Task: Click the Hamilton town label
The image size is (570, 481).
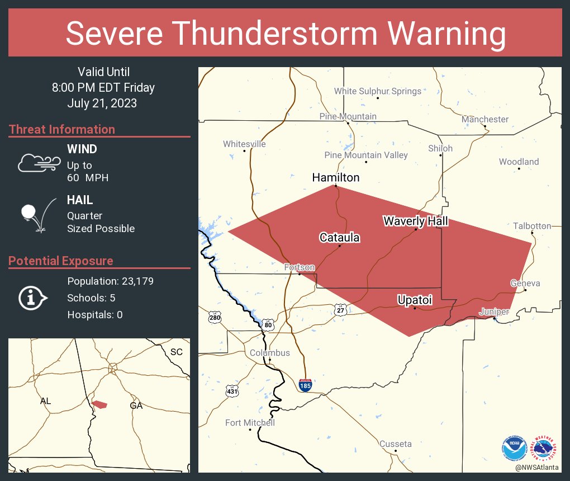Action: pos(335,177)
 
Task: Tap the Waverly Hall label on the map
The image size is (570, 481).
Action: pos(415,221)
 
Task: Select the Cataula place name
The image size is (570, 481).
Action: pos(339,238)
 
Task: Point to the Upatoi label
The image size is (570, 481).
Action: pos(415,300)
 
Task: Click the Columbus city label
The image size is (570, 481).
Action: pos(269,353)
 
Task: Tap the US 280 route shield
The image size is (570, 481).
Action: pos(215,318)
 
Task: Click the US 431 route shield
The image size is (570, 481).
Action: pos(231,391)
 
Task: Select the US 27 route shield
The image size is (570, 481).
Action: pos(340,309)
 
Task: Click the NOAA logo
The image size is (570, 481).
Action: pos(514,447)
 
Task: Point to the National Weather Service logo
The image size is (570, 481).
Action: pos(544,447)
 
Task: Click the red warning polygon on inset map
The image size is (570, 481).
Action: pos(99,404)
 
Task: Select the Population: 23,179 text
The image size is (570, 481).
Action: pos(110,281)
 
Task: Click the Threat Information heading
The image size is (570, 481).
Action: pos(62,129)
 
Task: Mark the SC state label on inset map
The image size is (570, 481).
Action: pos(177,352)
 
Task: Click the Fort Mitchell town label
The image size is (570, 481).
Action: pos(250,423)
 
